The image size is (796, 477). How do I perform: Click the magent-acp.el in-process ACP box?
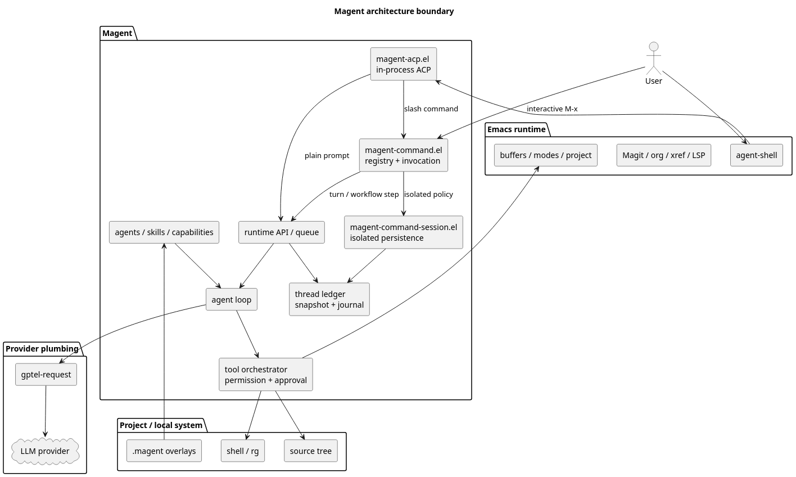pos(403,64)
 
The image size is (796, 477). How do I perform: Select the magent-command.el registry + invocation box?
pos(403,155)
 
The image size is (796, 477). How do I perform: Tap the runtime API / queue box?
pos(282,232)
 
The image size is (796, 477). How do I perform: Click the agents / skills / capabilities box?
pos(164,232)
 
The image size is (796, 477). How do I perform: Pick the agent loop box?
pos(232,299)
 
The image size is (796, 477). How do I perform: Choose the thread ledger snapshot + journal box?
pos(329,299)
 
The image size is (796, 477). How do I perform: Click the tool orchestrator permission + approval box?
pos(266,375)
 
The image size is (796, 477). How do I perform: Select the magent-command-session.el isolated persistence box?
pos(403,232)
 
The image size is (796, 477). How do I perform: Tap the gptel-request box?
pos(46,374)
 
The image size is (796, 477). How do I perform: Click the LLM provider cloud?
pos(45,451)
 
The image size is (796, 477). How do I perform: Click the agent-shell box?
pos(756,155)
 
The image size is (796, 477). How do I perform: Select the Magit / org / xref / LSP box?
pos(663,155)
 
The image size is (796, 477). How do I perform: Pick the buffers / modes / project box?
pos(545,155)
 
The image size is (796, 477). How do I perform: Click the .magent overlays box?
pos(164,451)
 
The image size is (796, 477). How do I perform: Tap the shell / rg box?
pos(243,451)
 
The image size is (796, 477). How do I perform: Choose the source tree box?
pos(310,451)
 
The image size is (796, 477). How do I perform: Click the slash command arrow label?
pos(431,109)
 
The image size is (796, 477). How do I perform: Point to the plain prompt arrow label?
pos(327,155)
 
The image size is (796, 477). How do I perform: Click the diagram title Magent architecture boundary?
pos(394,11)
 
